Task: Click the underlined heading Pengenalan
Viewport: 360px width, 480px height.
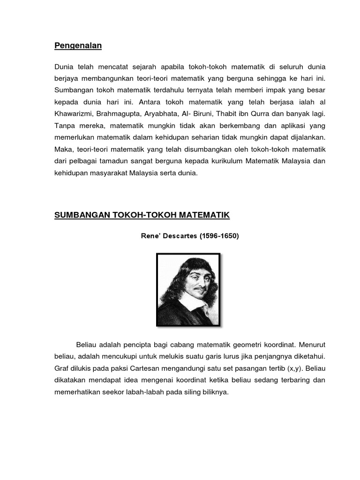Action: coord(78,45)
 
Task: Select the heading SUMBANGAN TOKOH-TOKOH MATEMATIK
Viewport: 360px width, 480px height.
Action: coord(142,215)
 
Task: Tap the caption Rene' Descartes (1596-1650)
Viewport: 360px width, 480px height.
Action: coord(190,236)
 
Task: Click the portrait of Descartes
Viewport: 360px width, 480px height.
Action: coord(188,289)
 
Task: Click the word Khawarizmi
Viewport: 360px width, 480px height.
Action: coord(74,114)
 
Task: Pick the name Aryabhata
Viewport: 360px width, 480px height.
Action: coord(165,114)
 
